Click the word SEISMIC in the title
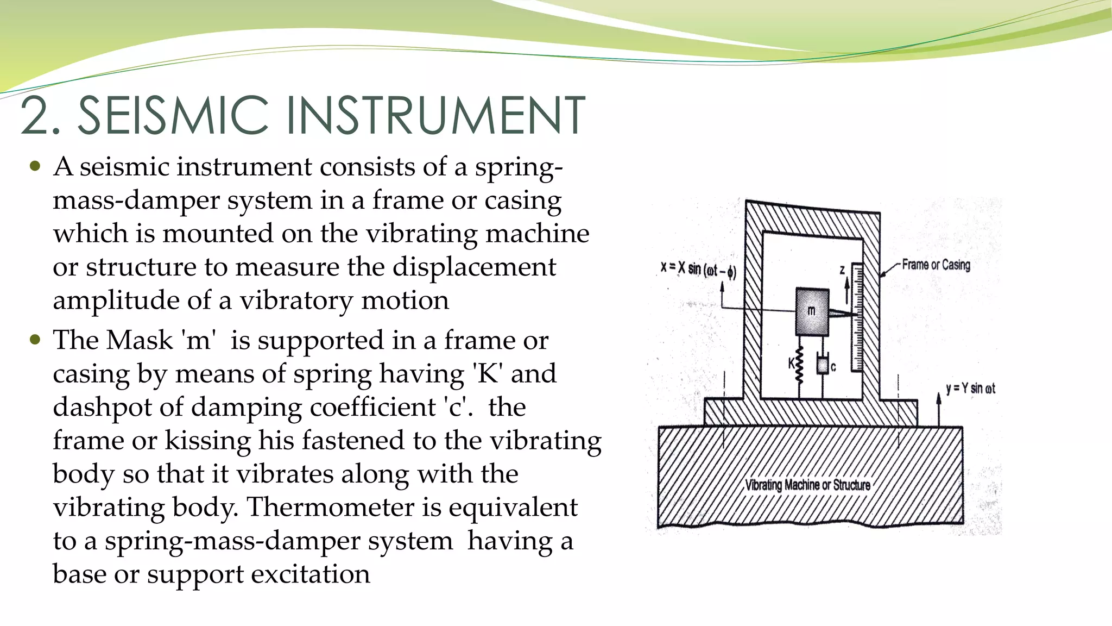coord(173,115)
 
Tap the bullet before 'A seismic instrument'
coord(35,166)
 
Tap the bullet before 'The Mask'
coord(35,340)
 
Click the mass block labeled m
coord(812,311)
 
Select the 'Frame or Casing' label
coord(936,265)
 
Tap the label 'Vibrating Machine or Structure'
coord(807,485)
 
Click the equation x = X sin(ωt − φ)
coord(698,269)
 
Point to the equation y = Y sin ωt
coord(970,389)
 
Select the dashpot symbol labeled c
coord(823,365)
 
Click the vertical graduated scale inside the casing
coord(857,318)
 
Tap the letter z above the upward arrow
coord(842,270)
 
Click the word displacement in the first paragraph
coord(474,267)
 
